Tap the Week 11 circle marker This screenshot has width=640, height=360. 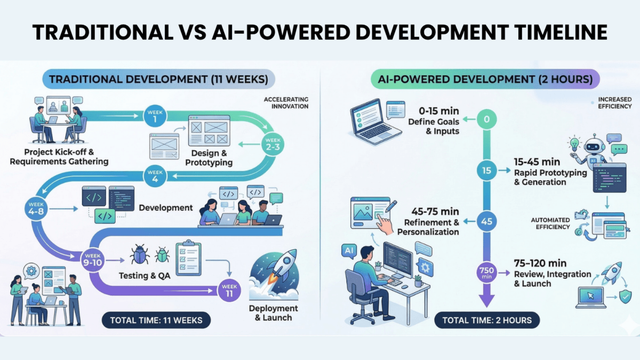coord(229,290)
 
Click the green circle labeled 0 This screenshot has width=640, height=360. coord(486,119)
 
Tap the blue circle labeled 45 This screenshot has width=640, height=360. coord(486,221)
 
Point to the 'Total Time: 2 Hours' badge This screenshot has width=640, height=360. coord(487,321)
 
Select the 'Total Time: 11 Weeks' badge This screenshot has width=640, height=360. coord(156,321)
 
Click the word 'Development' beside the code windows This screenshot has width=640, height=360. coord(166,207)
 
